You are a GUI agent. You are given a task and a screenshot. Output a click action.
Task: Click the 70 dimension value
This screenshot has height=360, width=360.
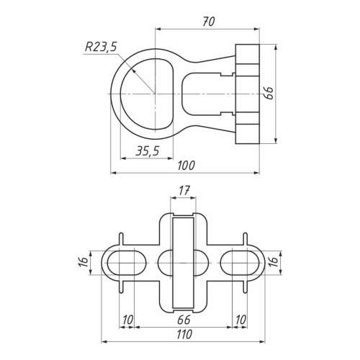tap(208, 22)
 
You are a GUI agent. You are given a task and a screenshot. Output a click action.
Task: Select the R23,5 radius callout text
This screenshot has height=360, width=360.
tap(101, 47)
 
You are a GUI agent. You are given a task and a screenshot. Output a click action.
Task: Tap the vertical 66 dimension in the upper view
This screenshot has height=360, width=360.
tap(269, 93)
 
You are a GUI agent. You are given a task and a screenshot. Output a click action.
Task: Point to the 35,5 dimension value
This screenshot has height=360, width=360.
tap(148, 151)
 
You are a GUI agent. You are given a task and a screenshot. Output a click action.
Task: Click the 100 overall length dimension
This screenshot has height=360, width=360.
tap(186, 166)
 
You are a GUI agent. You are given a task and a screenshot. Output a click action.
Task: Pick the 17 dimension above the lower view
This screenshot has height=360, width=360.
tap(184, 191)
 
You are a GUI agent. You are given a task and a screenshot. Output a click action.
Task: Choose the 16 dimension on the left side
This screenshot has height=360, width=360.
tap(84, 262)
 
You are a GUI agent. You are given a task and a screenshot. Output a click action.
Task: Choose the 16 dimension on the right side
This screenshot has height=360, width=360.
tap(274, 262)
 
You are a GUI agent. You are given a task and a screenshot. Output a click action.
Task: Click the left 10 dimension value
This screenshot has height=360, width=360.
tap(127, 320)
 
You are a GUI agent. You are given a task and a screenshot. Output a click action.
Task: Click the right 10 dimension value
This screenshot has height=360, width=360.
tap(240, 320)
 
